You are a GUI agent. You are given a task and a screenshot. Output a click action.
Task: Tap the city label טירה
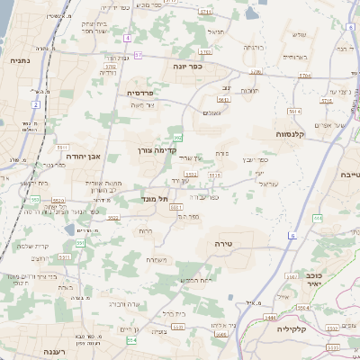(224, 244)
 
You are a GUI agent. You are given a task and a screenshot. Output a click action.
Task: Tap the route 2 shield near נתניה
(36, 105)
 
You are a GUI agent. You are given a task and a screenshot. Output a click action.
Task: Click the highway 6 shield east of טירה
(292, 236)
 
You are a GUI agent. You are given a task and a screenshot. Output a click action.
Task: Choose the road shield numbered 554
(131, 340)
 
